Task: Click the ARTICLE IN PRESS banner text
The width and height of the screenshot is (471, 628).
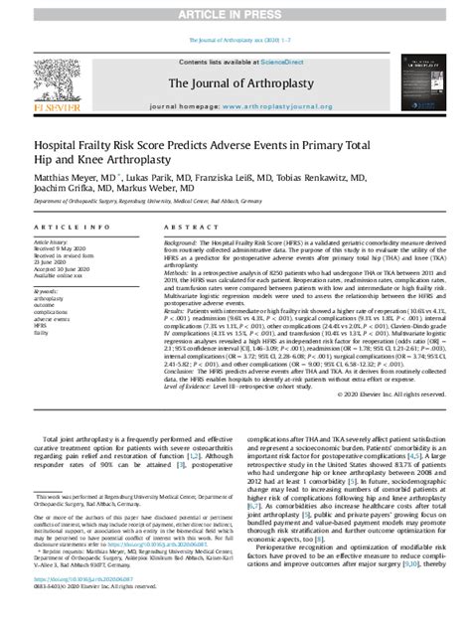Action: (x=235, y=8)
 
